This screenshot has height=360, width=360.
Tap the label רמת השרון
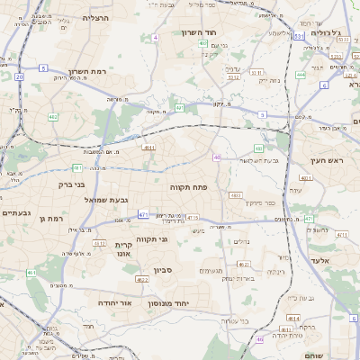pyautogui.click(x=87, y=72)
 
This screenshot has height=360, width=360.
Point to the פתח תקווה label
pyautogui.click(x=188, y=185)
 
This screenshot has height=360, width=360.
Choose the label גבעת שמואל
pyautogui.click(x=112, y=199)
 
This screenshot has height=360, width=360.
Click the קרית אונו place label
pyautogui.click(x=124, y=249)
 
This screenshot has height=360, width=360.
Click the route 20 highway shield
pyautogui.click(x=20, y=76)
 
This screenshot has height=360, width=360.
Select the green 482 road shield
pyautogui.click(x=53, y=117)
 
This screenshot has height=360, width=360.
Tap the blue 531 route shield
pyautogui.click(x=298, y=36)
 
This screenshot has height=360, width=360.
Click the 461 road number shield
pyautogui.click(x=31, y=272)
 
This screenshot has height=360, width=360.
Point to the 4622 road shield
pyautogui.click(x=142, y=279)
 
